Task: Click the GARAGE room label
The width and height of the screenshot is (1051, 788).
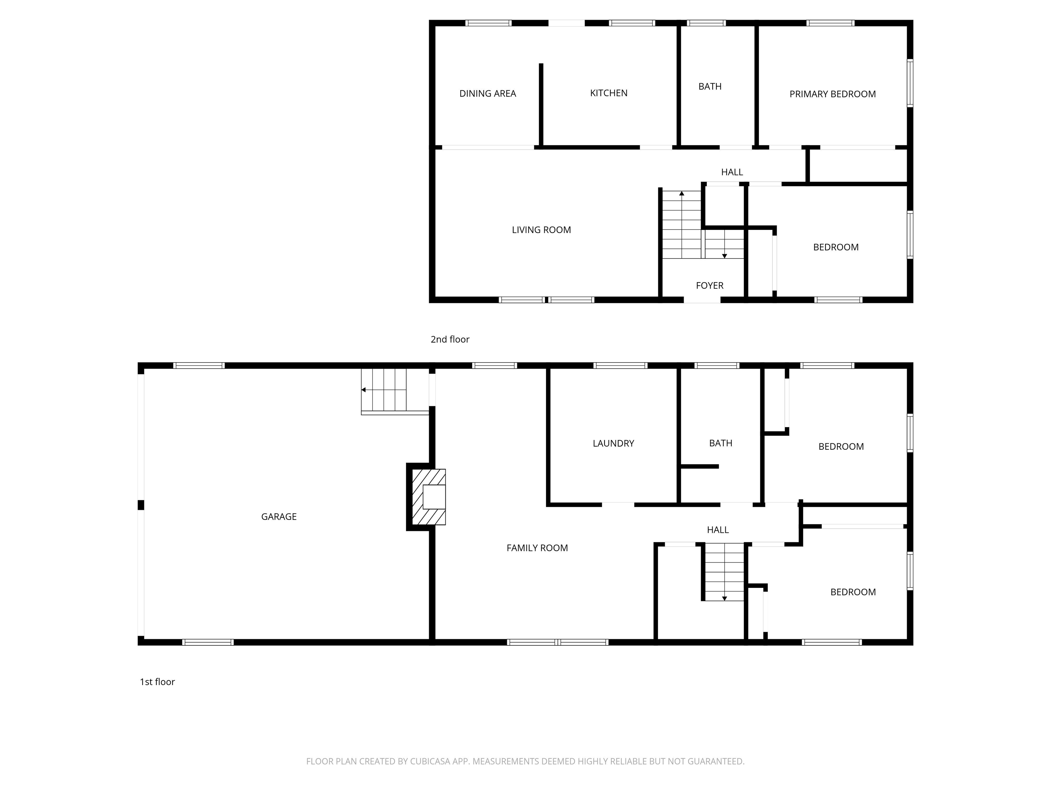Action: pos(279,516)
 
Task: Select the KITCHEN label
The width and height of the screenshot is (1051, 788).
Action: pos(609,93)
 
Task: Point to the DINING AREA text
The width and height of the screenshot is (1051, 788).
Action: pos(488,94)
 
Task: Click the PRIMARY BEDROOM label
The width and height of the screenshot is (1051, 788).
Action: pos(832,94)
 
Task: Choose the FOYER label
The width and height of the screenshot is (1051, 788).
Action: pos(709,286)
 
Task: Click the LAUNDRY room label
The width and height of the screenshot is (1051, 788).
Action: pos(613,443)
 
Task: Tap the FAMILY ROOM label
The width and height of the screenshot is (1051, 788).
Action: pos(537,548)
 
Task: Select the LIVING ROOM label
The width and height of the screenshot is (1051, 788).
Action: pos(541,230)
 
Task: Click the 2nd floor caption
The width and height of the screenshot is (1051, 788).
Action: pos(450,339)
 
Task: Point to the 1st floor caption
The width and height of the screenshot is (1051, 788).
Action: pos(157,682)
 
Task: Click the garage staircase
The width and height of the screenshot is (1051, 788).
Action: pos(384,391)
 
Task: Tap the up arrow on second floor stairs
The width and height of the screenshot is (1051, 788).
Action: pos(682,194)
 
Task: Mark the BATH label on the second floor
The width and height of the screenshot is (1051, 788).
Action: pos(710,87)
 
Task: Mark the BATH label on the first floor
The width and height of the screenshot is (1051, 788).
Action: pos(720,443)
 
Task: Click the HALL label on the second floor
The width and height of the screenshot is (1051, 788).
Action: pos(732,172)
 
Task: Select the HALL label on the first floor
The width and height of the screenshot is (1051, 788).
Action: pos(717,529)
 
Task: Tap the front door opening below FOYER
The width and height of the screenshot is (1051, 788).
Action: pos(702,300)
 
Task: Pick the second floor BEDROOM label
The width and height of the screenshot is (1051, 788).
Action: pos(836,247)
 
